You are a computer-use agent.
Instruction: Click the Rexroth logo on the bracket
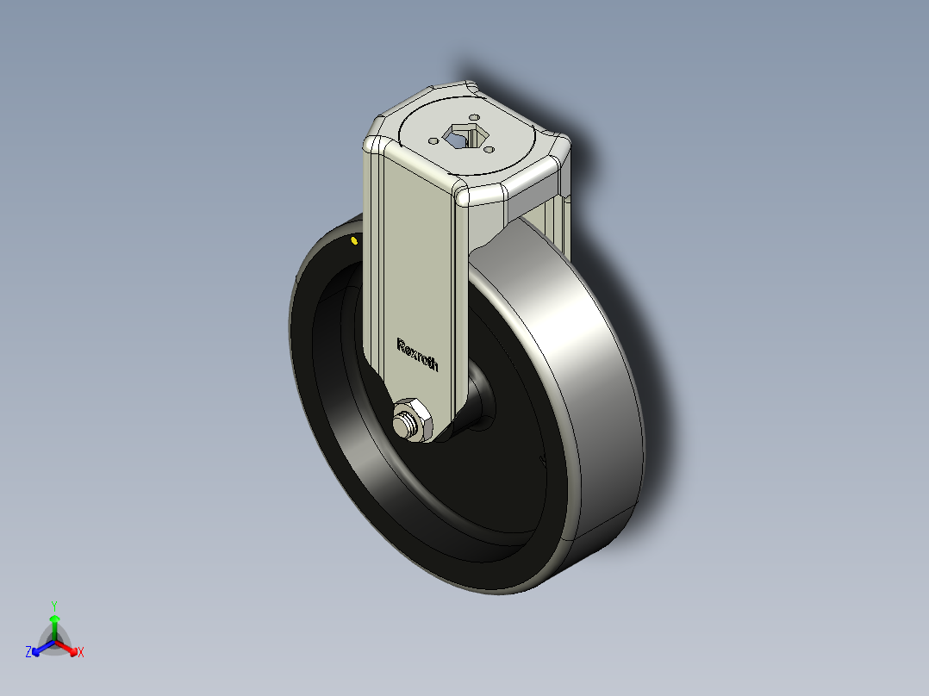click(x=417, y=354)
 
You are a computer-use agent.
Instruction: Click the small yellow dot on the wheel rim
click(x=354, y=240)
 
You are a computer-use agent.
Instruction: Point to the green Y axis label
click(x=54, y=606)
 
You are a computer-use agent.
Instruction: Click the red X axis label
click(x=81, y=653)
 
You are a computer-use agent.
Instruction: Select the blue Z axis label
click(x=28, y=653)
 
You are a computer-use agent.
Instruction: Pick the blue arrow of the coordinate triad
click(x=40, y=648)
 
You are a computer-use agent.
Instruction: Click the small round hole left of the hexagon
click(x=431, y=140)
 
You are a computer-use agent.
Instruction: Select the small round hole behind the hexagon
click(x=473, y=118)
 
